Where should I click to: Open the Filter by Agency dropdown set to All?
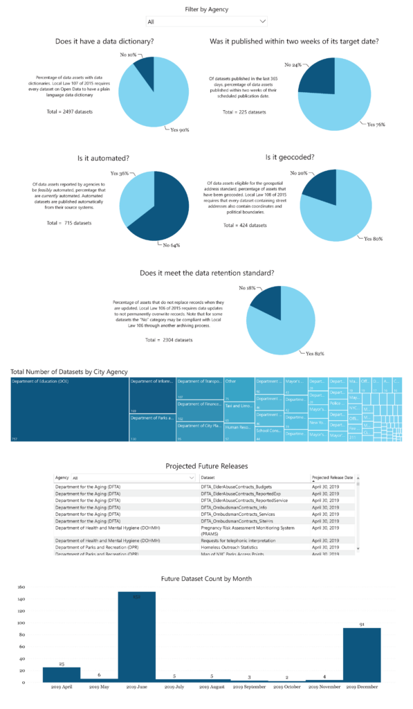(206, 21)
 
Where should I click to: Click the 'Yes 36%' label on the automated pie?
(120, 173)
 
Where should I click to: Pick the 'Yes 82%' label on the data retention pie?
(315, 353)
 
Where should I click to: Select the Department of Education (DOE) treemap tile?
(69, 409)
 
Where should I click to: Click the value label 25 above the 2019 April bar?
(62, 664)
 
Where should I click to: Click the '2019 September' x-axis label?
(249, 688)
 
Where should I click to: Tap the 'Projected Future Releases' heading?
(206, 466)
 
